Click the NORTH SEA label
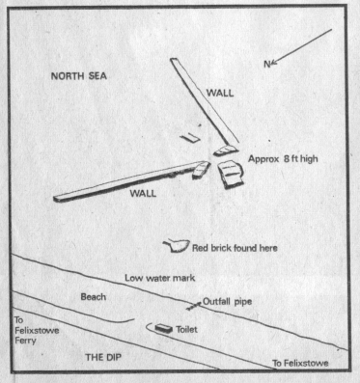tap(79, 76)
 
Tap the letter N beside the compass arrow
tap(266, 65)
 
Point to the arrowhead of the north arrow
tap(274, 62)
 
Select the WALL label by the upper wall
tap(220, 93)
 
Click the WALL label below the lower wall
tap(143, 193)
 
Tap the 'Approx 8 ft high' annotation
tap(283, 159)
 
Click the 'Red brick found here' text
tap(235, 248)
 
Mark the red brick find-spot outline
tap(176, 246)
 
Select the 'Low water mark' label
tap(160, 278)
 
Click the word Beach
tap(94, 296)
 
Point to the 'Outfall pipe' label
tap(227, 302)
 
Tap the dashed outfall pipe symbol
tap(193, 306)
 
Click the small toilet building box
tap(164, 329)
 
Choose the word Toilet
tap(186, 330)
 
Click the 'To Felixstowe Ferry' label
tap(37, 330)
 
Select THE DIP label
tap(103, 357)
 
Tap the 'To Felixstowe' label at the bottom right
tap(300, 364)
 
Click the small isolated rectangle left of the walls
tap(190, 138)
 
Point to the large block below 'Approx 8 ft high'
tap(231, 174)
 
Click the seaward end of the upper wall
tap(174, 59)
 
